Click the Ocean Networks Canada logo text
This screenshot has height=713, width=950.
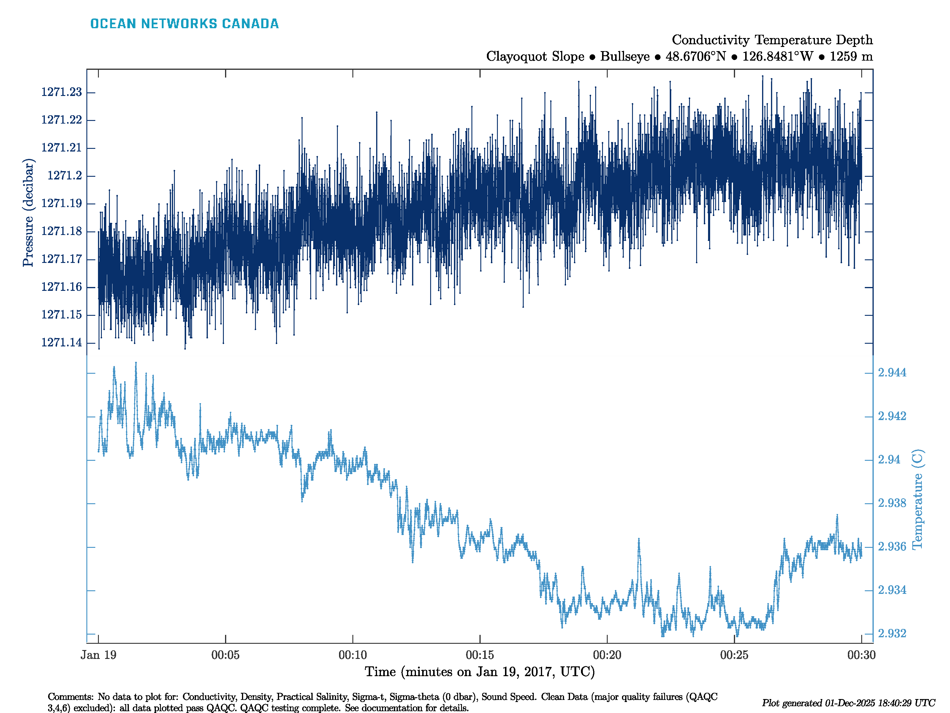coord(184,24)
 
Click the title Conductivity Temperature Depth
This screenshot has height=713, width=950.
coord(772,40)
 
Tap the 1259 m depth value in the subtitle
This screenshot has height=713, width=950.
coord(851,56)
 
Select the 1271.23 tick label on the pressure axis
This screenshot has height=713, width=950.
coord(61,92)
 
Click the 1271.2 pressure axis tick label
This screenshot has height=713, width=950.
coord(64,175)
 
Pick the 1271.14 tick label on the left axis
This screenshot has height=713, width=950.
coord(61,343)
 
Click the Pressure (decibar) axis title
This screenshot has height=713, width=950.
coord(28,213)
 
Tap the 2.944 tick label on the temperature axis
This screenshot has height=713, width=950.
coord(892,373)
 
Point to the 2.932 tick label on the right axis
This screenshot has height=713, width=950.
coord(892,633)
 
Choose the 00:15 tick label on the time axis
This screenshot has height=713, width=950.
coord(480,655)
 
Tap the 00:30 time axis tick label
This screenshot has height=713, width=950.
coord(861,655)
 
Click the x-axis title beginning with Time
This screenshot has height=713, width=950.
coord(480,672)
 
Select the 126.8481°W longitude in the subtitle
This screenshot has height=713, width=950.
coord(777,56)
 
